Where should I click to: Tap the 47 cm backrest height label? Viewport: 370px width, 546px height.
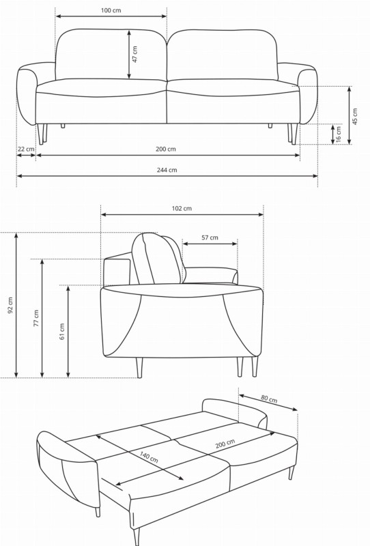pos(135,55)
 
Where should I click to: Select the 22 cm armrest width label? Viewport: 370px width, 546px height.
pos(26,149)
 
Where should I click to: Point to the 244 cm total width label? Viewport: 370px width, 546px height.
pos(167,170)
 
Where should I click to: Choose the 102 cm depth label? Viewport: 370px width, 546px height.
pos(182,208)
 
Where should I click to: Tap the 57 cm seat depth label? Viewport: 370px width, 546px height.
pos(210,238)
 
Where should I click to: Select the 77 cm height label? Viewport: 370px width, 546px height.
pos(36,318)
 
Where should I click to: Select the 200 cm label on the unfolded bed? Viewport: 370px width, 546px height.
pos(225,444)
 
